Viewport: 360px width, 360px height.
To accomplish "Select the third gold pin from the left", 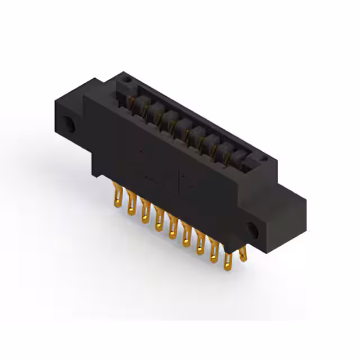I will coord(145,209).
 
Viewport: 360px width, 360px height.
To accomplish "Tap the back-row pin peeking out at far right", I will coord(242,253).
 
